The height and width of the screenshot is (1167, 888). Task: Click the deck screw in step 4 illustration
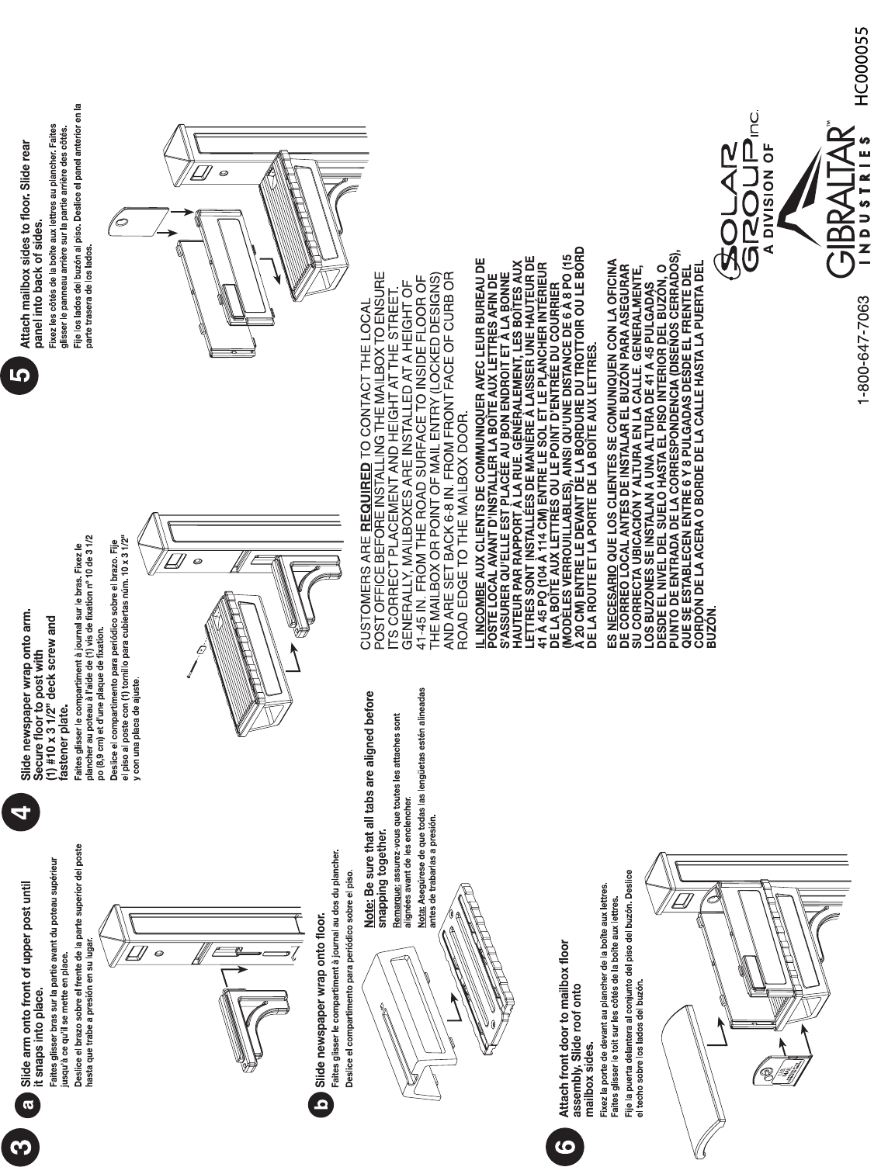[x=194, y=660]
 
